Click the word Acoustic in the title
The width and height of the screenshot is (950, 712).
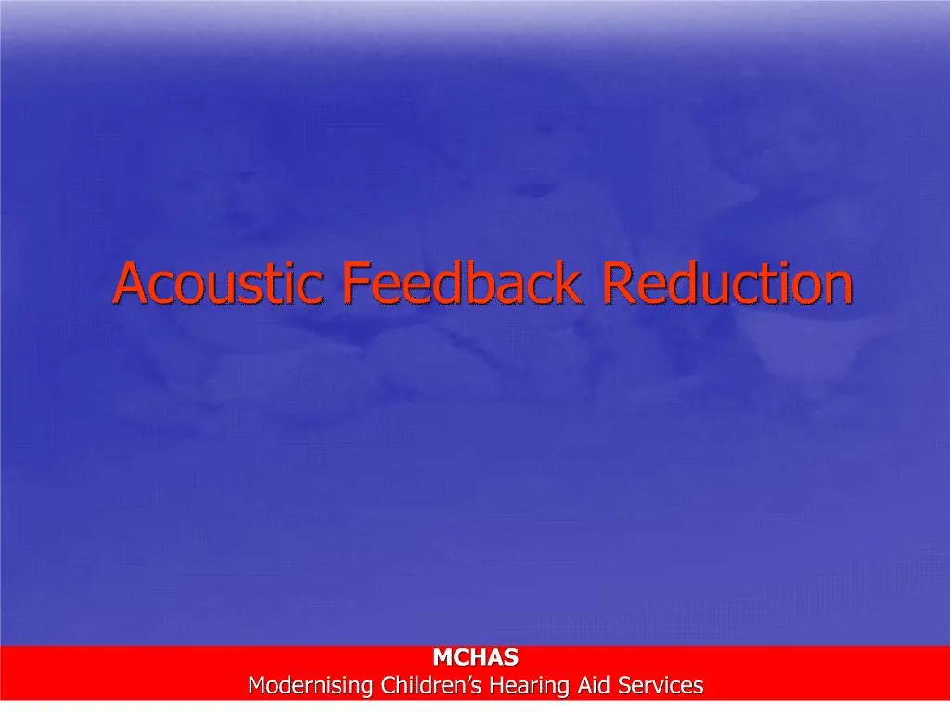pos(220,284)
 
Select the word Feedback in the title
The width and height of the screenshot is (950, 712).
pos(461,284)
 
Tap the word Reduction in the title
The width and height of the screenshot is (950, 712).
pos(726,284)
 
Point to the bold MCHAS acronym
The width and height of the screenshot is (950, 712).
pos(476,658)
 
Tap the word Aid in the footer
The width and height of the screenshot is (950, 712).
pos(595,687)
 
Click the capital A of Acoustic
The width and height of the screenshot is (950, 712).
pos(129,284)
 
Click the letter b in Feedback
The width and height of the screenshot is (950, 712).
pos(491,284)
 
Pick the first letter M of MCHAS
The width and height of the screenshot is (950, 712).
pos(443,658)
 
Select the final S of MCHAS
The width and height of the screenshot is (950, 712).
pos(511,658)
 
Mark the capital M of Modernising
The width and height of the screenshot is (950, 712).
pos(256,687)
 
